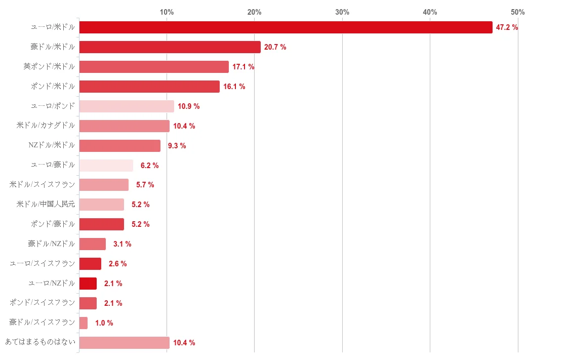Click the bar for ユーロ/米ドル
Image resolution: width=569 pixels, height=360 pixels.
286,27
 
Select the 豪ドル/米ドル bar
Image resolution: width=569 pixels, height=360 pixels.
170,47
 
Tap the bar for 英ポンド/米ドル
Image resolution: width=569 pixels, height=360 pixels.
154,67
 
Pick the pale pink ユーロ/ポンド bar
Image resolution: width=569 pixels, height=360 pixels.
127,106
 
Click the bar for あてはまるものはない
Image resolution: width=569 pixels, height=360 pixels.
124,343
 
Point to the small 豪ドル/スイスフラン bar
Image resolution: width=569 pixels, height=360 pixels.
84,323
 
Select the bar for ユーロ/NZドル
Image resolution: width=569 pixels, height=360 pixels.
88,284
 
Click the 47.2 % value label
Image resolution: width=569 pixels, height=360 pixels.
507,27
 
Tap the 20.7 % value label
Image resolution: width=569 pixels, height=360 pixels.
275,47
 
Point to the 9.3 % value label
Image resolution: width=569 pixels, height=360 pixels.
177,146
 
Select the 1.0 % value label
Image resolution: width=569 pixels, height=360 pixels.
104,323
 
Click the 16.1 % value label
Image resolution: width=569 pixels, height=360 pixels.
234,87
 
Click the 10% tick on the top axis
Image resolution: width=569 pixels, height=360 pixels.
167,12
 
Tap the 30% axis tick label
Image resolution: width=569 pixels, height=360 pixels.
342,12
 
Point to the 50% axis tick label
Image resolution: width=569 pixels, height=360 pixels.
517,12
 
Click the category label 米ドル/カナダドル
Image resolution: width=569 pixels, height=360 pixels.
46,126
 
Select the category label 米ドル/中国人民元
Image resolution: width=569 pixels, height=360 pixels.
46,205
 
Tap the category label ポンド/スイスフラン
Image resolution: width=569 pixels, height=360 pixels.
43,303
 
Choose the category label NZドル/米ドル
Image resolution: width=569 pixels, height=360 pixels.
52,146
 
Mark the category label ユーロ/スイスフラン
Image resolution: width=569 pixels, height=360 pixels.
43,264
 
